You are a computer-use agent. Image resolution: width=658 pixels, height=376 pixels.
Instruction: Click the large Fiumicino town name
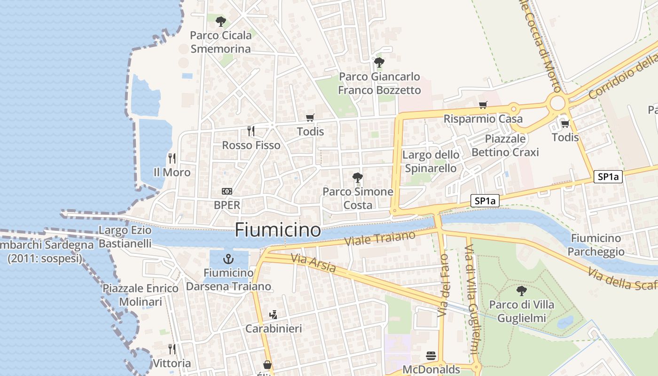tap(278, 230)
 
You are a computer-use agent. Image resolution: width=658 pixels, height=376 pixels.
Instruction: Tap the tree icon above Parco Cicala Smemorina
tap(221, 21)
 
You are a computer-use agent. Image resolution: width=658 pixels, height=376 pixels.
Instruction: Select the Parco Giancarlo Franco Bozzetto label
tap(380, 83)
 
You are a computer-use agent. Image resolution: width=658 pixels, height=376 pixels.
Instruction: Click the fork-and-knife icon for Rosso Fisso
tap(251, 131)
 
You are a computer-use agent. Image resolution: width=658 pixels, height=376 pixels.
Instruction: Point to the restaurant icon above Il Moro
tap(172, 158)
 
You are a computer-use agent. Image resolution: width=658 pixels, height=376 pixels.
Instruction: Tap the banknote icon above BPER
tap(227, 191)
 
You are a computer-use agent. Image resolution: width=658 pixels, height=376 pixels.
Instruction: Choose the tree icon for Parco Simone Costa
tap(357, 177)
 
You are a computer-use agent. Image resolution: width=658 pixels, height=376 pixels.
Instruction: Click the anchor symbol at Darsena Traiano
tap(228, 259)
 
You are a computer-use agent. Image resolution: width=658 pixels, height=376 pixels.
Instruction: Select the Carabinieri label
tap(274, 329)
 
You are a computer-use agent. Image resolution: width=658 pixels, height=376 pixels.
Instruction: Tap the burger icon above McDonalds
tap(431, 356)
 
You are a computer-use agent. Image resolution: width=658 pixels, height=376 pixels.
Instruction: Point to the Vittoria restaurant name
tap(172, 363)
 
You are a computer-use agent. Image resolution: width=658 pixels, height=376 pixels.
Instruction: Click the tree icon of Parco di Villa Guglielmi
tap(521, 290)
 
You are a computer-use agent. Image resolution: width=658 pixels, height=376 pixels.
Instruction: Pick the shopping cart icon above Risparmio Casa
tap(483, 105)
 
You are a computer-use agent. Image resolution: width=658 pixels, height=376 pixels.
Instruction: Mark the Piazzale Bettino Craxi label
tap(505, 145)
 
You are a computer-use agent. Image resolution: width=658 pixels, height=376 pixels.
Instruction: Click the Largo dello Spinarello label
tap(431, 161)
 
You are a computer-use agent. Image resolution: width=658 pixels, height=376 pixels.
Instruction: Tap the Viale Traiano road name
tap(380, 238)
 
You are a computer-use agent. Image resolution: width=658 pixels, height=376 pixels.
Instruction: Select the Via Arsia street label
tap(313, 264)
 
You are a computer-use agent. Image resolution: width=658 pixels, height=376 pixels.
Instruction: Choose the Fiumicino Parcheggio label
tap(596, 245)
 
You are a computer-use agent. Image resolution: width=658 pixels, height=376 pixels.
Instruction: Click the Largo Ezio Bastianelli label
tap(125, 237)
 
